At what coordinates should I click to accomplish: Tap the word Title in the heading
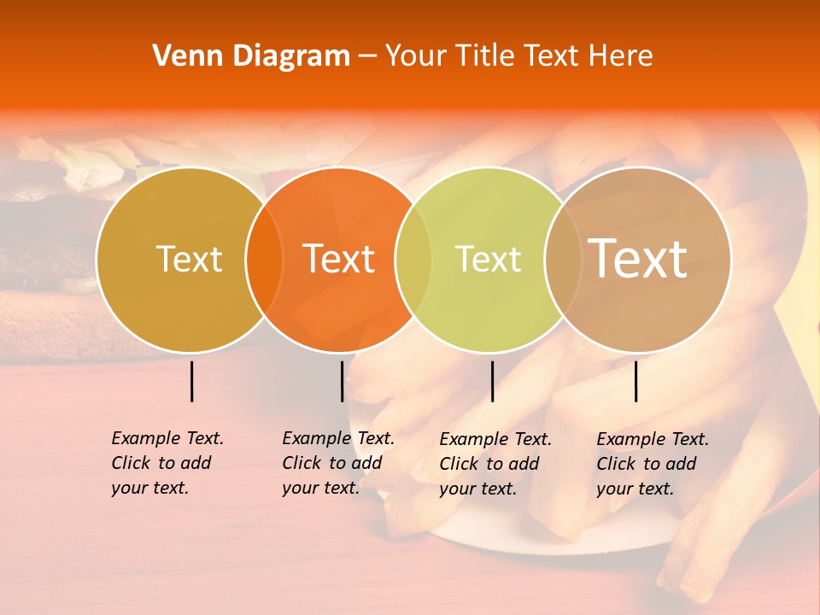(485, 56)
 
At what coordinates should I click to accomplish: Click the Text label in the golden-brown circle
(189, 259)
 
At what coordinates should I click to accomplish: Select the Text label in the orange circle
(339, 259)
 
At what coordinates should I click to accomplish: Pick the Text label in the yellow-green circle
(489, 259)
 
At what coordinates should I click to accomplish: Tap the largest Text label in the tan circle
(638, 258)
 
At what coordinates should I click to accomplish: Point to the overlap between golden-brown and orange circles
(264, 259)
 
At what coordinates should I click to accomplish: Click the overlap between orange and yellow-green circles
(413, 259)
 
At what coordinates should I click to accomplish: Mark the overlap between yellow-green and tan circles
(563, 259)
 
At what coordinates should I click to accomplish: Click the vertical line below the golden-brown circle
(192, 381)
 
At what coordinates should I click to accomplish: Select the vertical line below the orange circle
(342, 381)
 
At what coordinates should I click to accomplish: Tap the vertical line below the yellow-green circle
(492, 381)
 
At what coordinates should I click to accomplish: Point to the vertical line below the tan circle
(636, 381)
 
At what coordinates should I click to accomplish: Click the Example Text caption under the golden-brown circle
(167, 463)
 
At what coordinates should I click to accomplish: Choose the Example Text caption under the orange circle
(338, 463)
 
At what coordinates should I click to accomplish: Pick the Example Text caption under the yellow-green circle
(495, 464)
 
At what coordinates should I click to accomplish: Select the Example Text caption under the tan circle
(653, 464)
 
